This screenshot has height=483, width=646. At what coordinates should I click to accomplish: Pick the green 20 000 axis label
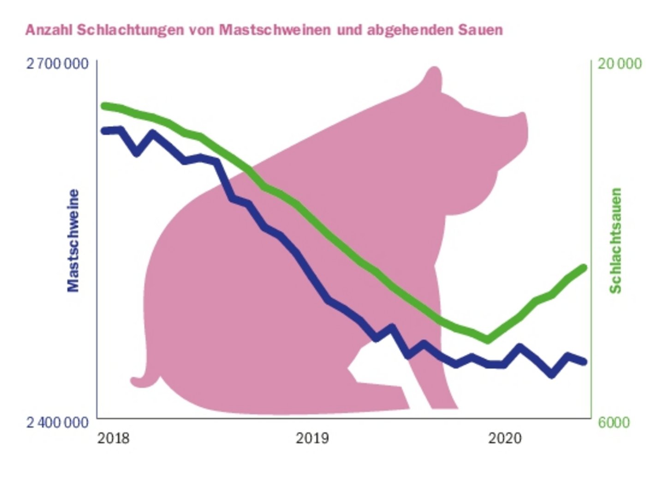click(619, 63)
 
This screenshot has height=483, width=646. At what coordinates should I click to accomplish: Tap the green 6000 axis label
click(614, 422)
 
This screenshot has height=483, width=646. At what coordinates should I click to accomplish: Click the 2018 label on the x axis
click(114, 438)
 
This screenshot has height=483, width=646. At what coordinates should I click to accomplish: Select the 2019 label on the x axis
click(312, 438)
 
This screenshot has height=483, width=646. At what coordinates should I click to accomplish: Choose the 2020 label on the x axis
click(505, 438)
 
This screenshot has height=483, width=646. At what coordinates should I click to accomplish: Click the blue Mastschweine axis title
click(73, 241)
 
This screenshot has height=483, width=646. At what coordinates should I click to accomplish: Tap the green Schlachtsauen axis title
click(616, 241)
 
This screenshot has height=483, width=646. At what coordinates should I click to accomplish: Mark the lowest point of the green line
click(488, 340)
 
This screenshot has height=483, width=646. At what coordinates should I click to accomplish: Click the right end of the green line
click(584, 268)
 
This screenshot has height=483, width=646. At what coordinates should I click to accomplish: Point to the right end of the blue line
click(584, 362)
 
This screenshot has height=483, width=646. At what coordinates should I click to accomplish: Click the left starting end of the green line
click(104, 106)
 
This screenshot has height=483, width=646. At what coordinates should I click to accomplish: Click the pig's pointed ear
click(433, 76)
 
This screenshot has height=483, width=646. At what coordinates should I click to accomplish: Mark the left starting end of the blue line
click(104, 131)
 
